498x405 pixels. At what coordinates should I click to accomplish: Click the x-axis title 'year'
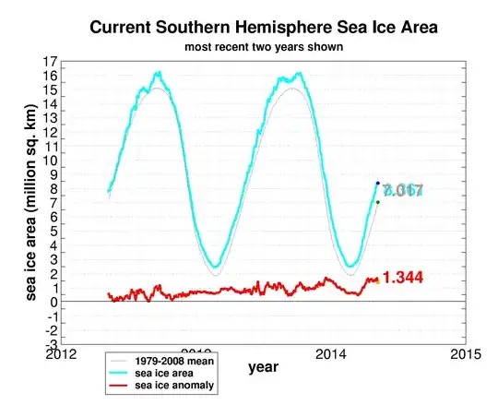[x=263, y=367]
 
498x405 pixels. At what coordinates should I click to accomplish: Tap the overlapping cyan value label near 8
[x=402, y=191]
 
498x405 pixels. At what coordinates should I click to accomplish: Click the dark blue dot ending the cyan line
[x=377, y=184]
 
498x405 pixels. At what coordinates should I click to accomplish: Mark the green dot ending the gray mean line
[x=377, y=202]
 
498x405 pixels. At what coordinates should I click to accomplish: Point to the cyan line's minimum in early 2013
[x=214, y=267]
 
